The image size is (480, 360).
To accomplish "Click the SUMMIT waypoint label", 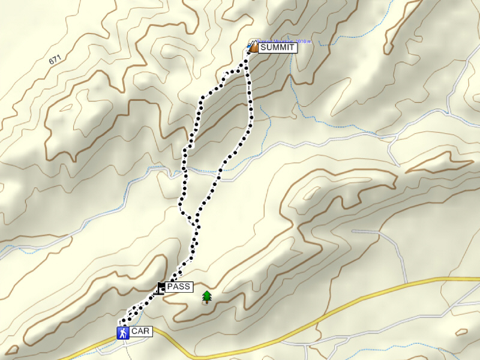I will (x=277, y=47).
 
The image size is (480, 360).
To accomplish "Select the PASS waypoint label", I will (x=179, y=287).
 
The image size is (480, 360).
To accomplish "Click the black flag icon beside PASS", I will (x=161, y=287).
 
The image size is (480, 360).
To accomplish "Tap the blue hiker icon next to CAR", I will (x=122, y=332).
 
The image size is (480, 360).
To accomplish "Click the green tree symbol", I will (x=207, y=296).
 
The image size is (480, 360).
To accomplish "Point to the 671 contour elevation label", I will (x=56, y=60).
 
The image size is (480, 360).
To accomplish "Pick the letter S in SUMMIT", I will (x=263, y=47).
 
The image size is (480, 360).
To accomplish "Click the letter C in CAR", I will (x=134, y=331).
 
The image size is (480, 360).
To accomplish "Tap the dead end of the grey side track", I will (x=353, y=230).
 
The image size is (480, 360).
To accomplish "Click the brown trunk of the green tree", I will (x=207, y=301).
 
